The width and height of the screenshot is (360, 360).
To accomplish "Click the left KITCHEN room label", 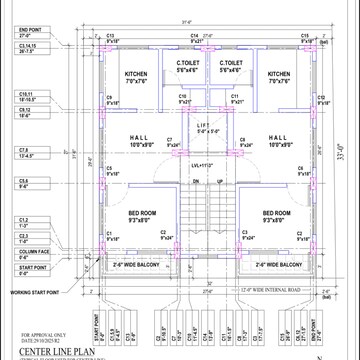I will pos(136,74).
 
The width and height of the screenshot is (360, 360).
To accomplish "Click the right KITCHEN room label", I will pos(279,74).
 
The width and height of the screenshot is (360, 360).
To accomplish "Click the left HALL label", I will pos(139,139).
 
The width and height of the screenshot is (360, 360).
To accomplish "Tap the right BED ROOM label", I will pos(276,213).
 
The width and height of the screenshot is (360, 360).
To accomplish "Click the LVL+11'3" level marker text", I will pos(203,164).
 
